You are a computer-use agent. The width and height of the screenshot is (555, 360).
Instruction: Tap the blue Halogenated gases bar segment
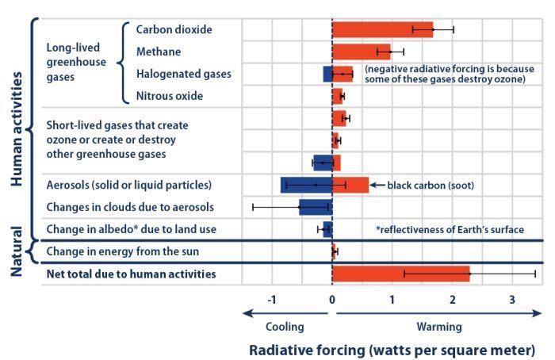coord(327,75)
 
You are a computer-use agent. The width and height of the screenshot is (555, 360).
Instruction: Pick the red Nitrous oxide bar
coord(337,97)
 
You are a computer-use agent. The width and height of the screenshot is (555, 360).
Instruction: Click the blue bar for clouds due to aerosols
coord(314,208)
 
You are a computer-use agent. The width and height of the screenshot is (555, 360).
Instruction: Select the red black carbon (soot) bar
coord(350,185)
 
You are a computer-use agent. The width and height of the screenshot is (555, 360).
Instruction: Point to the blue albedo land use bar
coord(327,230)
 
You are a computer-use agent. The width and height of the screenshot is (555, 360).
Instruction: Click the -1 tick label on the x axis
coord(272,300)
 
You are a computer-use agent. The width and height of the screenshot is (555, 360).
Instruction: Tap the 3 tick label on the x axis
coord(512,300)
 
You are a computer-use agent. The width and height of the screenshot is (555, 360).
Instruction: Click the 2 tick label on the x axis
coord(453,300)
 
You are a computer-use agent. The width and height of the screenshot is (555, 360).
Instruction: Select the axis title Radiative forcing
coord(392,350)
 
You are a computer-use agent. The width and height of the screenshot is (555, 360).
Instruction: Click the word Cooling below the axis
coord(284,325)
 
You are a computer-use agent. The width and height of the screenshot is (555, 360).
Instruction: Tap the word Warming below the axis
coord(438,325)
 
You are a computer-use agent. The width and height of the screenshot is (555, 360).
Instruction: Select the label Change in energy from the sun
coord(122,252)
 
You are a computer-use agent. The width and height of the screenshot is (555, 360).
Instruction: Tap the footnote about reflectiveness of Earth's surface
coord(450,230)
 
